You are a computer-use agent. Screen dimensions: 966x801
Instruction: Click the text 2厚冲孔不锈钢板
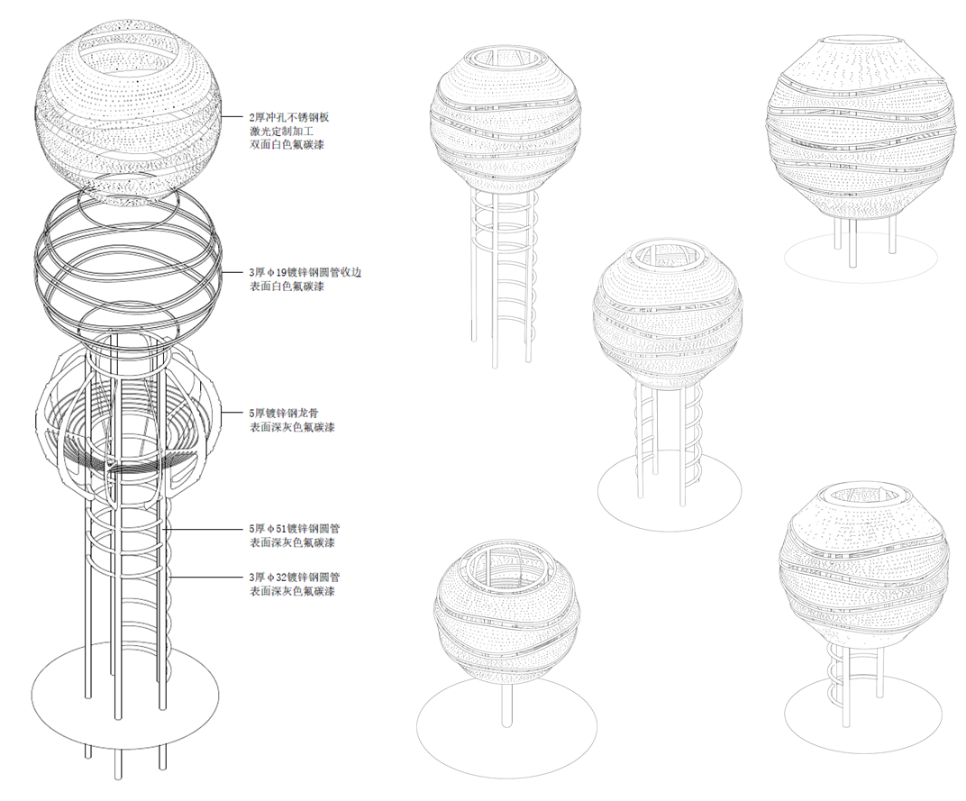(x=289, y=116)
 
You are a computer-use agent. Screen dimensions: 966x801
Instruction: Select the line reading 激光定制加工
(x=280, y=131)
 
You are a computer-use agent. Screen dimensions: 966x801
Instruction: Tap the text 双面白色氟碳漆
(x=286, y=145)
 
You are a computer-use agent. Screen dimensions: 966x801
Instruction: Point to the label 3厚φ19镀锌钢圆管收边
(x=305, y=272)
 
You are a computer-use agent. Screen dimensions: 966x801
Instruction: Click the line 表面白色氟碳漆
(x=286, y=287)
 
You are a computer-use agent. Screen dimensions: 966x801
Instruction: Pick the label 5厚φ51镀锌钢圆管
(x=294, y=529)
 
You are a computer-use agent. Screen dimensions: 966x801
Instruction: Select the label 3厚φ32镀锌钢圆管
(x=294, y=578)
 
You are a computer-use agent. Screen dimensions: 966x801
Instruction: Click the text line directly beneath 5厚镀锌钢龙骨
(x=291, y=427)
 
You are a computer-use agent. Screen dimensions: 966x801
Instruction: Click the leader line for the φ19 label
(x=231, y=272)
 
